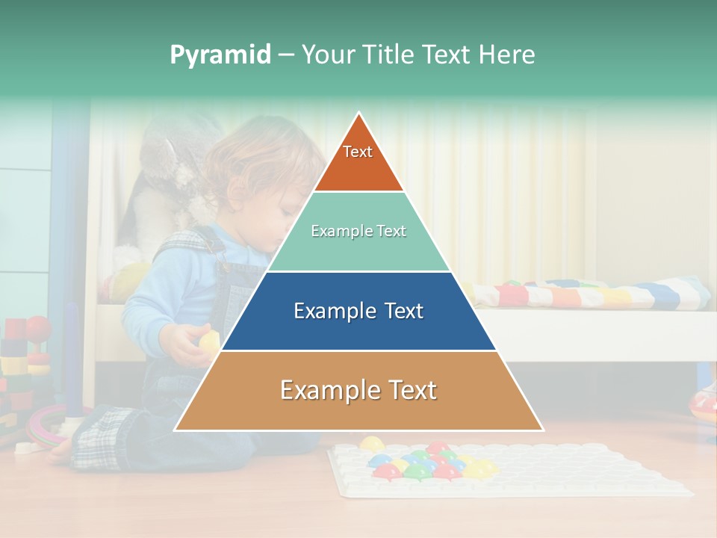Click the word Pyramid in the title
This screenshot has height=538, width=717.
[x=220, y=55]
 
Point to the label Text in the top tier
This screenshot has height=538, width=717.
[x=358, y=152]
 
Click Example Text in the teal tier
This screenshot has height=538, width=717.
[x=358, y=231]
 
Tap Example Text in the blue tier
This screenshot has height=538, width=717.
[x=358, y=311]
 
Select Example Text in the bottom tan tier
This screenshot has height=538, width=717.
[x=358, y=390]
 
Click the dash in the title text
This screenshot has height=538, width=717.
[x=286, y=55]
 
